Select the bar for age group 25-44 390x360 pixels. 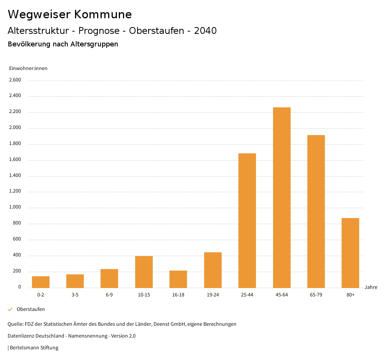[x=247, y=220]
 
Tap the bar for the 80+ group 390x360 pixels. [x=350, y=253]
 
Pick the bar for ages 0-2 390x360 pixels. [x=41, y=282]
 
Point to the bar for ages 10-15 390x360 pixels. [x=144, y=272]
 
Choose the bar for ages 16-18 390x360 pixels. [x=178, y=279]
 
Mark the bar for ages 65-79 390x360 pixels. [x=316, y=211]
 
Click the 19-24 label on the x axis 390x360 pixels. [x=213, y=295]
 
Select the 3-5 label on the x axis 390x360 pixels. [x=75, y=295]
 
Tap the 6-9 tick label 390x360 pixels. [x=109, y=295]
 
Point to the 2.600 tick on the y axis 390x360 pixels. [x=15, y=80]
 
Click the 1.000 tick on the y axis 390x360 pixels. [x=15, y=207]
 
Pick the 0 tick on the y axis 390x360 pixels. [x=19, y=287]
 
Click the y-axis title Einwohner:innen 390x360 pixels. [x=28, y=68]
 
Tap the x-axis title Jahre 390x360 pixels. [x=371, y=287]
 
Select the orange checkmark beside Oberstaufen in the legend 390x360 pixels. [x=10, y=309]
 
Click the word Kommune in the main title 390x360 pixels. [x=103, y=14]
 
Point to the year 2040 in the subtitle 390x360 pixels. [x=205, y=31]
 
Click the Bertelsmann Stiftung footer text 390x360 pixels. [x=34, y=347]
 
